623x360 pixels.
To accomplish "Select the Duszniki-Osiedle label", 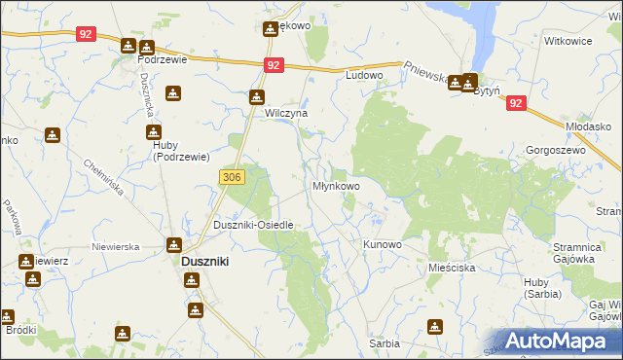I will coord(253,225).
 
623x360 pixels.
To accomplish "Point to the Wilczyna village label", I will coord(287,113).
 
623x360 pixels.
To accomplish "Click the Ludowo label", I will coord(365,75).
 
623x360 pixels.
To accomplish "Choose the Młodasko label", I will coord(587,126).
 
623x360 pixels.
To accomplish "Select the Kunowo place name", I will coord(382,244).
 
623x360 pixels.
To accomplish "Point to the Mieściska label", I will coord(451,266).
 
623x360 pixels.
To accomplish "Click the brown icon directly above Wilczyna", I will coord(256,97).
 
